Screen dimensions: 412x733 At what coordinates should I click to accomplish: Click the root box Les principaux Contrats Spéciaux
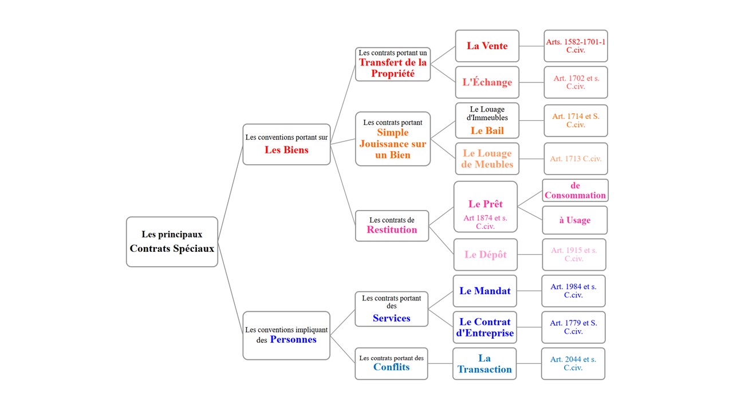172,241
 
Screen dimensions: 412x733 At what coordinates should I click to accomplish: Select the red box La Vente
487,46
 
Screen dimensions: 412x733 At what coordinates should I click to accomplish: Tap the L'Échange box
487,82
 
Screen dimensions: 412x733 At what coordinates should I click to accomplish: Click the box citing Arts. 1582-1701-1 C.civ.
576,46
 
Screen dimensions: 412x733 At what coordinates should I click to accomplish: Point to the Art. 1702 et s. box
576,82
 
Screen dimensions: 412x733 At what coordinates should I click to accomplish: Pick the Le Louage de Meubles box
487,159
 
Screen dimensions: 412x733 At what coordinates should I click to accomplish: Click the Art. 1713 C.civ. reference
576,159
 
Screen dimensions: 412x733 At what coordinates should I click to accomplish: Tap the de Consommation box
575,191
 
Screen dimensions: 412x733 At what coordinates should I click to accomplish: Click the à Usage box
574,220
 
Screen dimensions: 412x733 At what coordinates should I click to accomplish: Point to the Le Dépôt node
485,255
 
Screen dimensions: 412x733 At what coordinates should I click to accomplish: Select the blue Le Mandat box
484,291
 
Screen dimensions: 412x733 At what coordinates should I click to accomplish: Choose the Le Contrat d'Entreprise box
484,327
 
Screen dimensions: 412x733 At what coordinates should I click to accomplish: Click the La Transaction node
484,363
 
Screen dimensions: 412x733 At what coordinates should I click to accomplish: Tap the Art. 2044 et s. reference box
573,363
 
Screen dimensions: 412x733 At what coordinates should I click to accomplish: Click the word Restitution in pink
392,230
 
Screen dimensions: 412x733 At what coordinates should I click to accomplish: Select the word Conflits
391,367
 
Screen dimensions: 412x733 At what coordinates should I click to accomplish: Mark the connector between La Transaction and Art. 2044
529,363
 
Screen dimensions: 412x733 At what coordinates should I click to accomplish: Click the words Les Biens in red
286,150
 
